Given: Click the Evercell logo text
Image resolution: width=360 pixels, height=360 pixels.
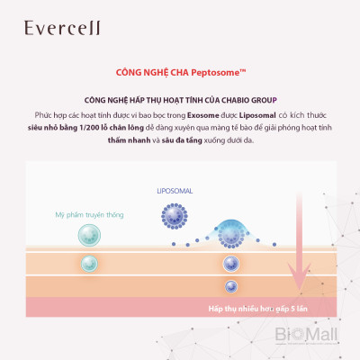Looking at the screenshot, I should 46,28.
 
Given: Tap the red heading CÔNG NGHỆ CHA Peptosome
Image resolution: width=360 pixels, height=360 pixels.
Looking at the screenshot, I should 179,73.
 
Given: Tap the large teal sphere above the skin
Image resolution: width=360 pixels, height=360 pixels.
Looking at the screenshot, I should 87,235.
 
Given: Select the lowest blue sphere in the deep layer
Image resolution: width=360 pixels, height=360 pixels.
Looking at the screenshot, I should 231,286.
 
